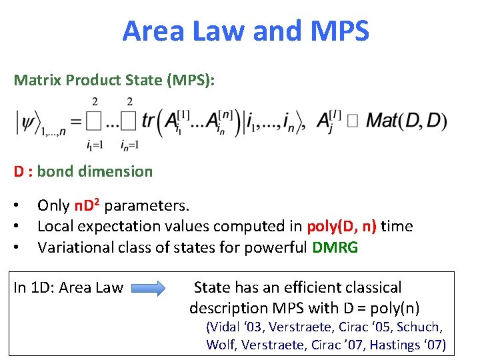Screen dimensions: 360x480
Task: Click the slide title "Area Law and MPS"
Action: tap(245, 31)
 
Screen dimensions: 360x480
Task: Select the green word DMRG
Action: tap(335, 248)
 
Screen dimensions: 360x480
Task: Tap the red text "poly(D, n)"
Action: tap(341, 226)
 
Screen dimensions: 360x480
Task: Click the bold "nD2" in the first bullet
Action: tap(87, 205)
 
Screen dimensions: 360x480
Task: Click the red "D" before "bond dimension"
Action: tap(19, 171)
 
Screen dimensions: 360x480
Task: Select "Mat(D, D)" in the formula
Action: tap(407, 121)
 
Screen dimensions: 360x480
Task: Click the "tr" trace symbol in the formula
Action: tap(147, 121)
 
